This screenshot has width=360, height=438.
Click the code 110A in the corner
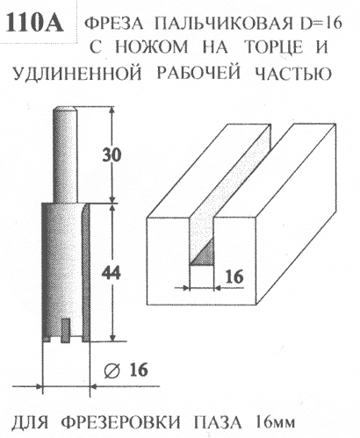[34, 23]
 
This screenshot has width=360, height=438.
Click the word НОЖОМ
[152, 47]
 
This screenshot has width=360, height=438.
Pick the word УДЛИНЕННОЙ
[77, 73]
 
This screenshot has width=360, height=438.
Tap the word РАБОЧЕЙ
[199, 73]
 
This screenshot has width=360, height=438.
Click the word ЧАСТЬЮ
[293, 73]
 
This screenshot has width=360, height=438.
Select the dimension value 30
[112, 154]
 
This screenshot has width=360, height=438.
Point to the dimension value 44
[111, 274]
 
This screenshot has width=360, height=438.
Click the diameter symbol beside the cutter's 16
[112, 371]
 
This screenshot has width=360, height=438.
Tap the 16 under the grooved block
[234, 276]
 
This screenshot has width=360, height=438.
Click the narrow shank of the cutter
[65, 154]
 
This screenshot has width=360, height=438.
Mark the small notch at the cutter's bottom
[66, 330]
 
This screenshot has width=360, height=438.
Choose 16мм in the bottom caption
[276, 422]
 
